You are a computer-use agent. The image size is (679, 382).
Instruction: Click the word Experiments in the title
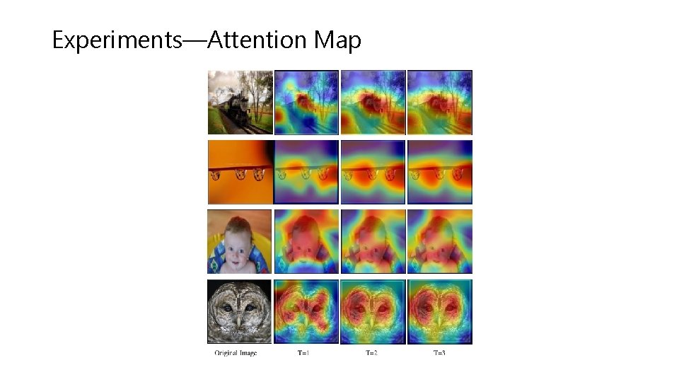(x=117, y=40)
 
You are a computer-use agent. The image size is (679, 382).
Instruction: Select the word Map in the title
(x=338, y=40)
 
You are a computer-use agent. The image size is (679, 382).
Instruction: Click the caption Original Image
(x=236, y=352)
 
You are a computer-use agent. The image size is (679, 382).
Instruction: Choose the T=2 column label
(x=371, y=352)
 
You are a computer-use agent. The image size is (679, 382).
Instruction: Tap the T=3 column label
(x=439, y=352)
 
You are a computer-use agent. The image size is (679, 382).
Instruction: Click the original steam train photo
(x=240, y=102)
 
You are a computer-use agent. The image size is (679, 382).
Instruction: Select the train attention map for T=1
(x=306, y=102)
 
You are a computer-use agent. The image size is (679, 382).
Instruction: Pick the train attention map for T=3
(x=439, y=102)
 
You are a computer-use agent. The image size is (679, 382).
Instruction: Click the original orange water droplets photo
(x=240, y=172)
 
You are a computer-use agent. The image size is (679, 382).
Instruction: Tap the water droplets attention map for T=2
(x=373, y=172)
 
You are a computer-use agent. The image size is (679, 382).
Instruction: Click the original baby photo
(x=240, y=241)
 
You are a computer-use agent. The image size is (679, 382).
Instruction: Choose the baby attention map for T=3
(x=439, y=241)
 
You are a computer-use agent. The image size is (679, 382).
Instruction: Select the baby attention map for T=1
(x=306, y=241)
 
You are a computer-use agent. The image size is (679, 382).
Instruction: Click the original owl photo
(x=240, y=311)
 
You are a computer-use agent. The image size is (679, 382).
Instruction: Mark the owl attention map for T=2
(x=373, y=311)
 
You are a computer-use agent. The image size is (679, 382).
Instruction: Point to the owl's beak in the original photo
(x=240, y=322)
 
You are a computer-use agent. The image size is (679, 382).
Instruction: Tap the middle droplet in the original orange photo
(x=239, y=174)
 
